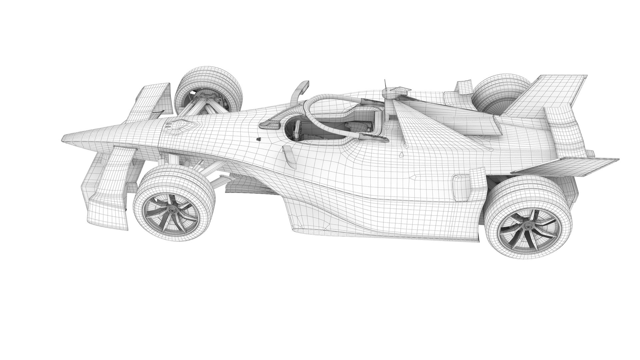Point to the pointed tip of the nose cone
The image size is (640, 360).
pos(64,137)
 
